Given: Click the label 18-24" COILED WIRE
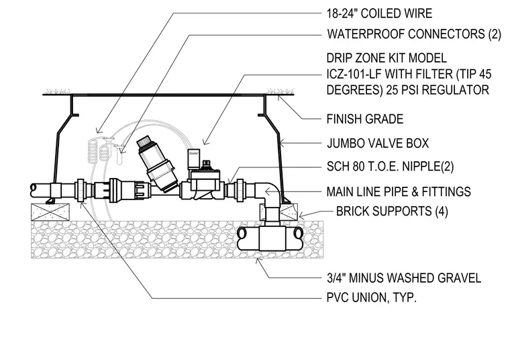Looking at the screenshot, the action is click(x=379, y=13).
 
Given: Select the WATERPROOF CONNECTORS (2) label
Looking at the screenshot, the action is click(x=414, y=34).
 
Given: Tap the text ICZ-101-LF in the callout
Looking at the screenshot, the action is click(x=354, y=74).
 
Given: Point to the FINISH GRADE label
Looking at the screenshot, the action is click(x=365, y=119).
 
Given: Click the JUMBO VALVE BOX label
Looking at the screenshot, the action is click(x=378, y=143).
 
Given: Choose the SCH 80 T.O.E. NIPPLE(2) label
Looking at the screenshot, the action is click(x=390, y=167).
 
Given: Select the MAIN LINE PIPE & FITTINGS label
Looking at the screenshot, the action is click(x=399, y=191).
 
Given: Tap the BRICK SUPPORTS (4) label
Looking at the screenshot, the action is click(x=392, y=212).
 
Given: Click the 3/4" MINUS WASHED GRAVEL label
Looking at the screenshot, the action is click(x=404, y=278).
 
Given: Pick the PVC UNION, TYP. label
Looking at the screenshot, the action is click(x=372, y=298).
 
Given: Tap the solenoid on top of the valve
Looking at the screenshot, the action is click(x=194, y=159).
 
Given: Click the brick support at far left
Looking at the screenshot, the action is click(x=50, y=212).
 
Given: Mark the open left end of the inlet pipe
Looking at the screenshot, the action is click(x=33, y=190).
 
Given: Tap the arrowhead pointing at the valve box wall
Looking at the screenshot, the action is click(x=283, y=142).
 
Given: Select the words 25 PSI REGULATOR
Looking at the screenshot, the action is click(x=438, y=90).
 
